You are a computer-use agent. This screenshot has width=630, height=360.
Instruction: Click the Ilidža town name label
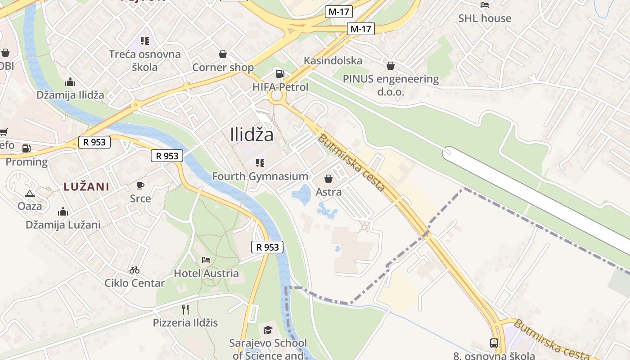point(252,134)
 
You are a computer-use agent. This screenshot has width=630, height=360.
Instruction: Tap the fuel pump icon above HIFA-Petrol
point(280,74)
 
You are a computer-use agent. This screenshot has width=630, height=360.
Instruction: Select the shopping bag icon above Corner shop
point(223,54)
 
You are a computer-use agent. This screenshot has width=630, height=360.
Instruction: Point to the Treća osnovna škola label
point(145,60)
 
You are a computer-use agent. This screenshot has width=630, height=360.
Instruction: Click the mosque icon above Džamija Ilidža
point(70,82)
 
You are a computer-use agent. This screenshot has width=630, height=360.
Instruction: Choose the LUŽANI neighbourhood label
point(86,187)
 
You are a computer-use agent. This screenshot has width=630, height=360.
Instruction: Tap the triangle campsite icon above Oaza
point(30,194)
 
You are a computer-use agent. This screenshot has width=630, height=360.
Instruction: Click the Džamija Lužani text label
point(63,225)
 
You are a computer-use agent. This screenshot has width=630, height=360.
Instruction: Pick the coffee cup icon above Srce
point(140,185)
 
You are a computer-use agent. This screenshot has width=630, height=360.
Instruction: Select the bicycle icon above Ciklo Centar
point(134,270)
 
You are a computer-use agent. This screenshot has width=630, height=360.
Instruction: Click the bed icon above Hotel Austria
point(206,260)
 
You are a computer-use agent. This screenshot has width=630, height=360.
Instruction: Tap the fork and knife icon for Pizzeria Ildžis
point(185,310)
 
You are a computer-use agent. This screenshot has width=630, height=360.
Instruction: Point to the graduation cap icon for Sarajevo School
point(268,330)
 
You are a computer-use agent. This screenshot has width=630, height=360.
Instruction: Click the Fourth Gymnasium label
point(260,176)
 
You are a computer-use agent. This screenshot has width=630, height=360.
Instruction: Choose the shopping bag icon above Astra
point(328,179)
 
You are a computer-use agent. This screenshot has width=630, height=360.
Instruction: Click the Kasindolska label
point(333,60)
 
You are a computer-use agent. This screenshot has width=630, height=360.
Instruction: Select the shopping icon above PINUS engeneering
point(391,66)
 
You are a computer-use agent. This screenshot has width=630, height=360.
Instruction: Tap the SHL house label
point(485,18)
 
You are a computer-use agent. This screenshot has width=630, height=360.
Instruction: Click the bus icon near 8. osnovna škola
point(494,343)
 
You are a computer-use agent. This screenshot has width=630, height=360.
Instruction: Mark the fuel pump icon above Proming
point(27,148)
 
